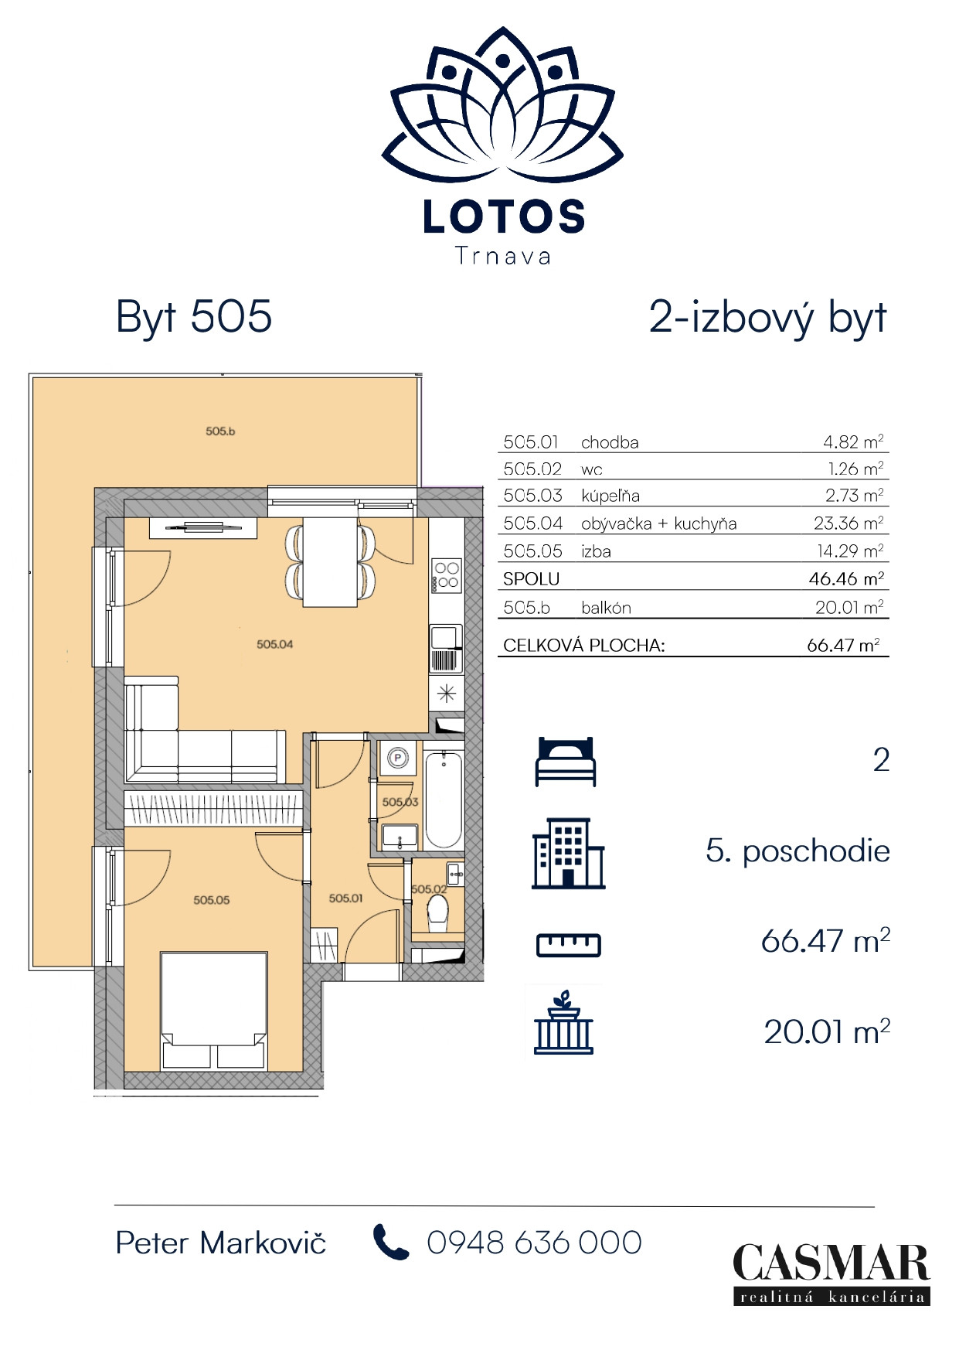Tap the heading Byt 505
click(x=194, y=317)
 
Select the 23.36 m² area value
click(x=848, y=523)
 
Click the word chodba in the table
click(x=610, y=442)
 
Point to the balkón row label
click(x=606, y=608)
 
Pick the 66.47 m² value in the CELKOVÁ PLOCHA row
click(x=843, y=645)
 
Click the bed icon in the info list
click(x=566, y=762)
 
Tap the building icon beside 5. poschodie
click(x=569, y=854)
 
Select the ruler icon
click(x=569, y=944)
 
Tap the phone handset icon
click(x=391, y=1242)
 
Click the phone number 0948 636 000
click(x=534, y=1243)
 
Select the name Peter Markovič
click(x=221, y=1243)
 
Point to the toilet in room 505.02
click(x=437, y=912)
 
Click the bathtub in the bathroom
click(x=444, y=799)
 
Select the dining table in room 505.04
click(x=330, y=561)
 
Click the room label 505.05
click(x=212, y=900)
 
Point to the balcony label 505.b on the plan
click(x=220, y=431)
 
